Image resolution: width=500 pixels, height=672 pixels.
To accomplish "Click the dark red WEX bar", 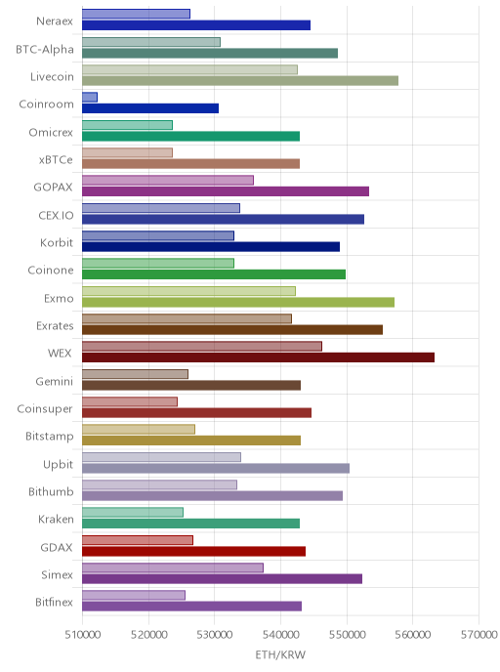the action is pyautogui.click(x=258, y=357).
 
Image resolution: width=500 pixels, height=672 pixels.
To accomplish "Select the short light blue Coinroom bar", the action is pyautogui.click(x=90, y=98).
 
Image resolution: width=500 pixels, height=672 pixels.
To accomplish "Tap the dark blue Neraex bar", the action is pyautogui.click(x=196, y=24).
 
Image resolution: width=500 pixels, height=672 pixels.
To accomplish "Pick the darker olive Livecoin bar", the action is pyautogui.click(x=240, y=80).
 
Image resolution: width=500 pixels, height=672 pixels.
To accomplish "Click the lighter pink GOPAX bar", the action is pyautogui.click(x=168, y=180).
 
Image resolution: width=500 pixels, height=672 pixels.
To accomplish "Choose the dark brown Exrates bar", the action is pyautogui.click(x=232, y=329).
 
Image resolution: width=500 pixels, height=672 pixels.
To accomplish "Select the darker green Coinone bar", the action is pyautogui.click(x=214, y=274).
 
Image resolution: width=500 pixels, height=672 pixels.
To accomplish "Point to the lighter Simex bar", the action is pyautogui.click(x=173, y=567).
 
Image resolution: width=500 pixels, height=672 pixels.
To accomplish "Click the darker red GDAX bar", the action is pyautogui.click(x=193, y=551).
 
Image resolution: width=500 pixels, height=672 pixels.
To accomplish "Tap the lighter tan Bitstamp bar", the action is pyautogui.click(x=139, y=430).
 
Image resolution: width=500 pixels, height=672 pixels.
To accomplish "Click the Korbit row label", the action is pyautogui.click(x=57, y=242).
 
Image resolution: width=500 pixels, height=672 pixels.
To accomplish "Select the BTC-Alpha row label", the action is pyautogui.click(x=45, y=49).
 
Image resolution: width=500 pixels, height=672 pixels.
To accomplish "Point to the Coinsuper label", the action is pyautogui.click(x=45, y=409).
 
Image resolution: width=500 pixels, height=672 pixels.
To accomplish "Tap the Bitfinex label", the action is pyautogui.click(x=54, y=602).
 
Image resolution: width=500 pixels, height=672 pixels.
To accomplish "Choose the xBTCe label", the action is pyautogui.click(x=56, y=160).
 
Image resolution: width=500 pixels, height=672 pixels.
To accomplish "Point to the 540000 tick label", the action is pyautogui.click(x=280, y=634).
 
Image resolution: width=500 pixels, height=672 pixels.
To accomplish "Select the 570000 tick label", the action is pyautogui.click(x=479, y=634).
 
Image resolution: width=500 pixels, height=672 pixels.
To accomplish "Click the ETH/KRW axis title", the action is pyautogui.click(x=280, y=654).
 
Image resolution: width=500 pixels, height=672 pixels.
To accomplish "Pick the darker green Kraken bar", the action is pyautogui.click(x=190, y=524).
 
